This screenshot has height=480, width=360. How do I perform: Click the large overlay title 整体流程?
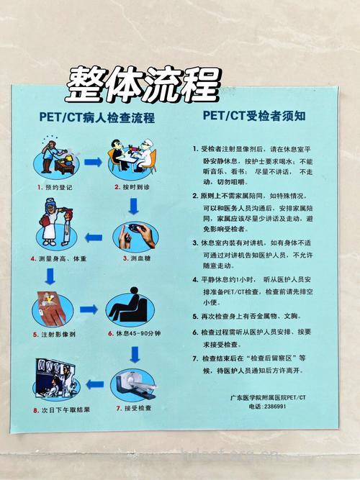click(142, 85)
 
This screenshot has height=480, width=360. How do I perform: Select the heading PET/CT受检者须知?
click(253, 115)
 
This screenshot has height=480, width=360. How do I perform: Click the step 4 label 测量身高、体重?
click(60, 258)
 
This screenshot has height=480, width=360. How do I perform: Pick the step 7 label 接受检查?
click(135, 408)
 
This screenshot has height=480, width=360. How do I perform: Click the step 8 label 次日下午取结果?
click(61, 410)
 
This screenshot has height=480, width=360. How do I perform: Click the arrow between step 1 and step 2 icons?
click(93, 162)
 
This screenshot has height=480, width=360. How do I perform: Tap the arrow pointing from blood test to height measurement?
click(94, 237)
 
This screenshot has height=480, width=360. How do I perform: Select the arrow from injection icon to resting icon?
click(89, 309)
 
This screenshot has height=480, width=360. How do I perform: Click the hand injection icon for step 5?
click(52, 308)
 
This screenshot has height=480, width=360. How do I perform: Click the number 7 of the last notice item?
click(194, 358)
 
